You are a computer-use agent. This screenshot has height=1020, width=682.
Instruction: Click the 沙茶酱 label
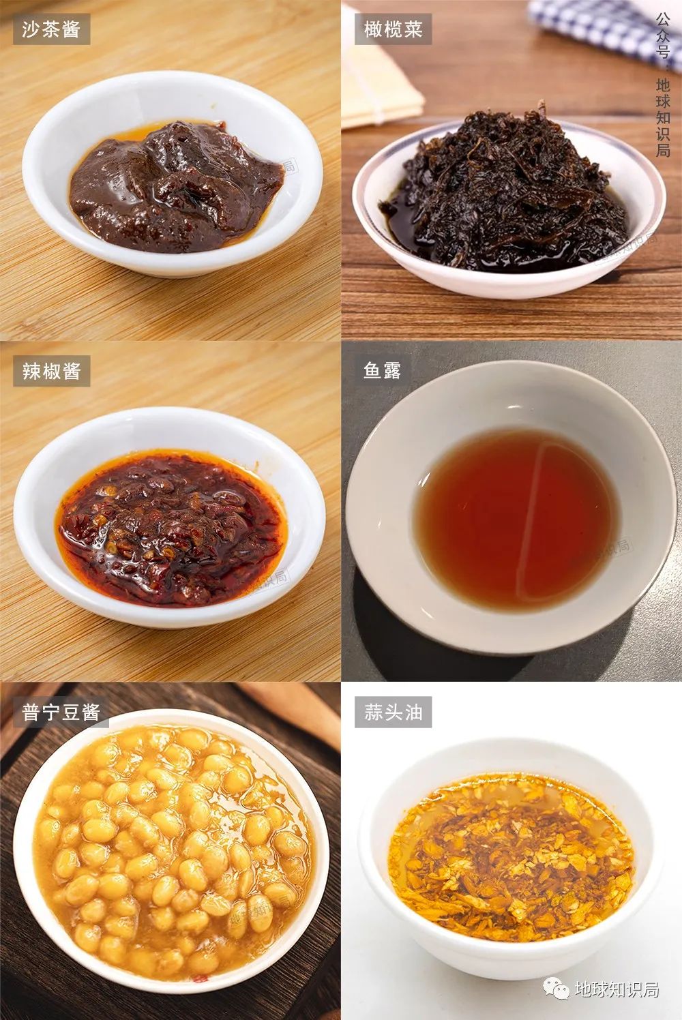click(51, 29)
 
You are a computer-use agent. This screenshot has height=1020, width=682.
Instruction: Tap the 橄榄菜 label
click(393, 29)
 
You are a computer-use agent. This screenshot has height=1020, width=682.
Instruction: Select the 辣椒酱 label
click(51, 371)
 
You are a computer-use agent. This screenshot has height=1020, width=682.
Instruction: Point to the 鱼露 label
click(382, 371)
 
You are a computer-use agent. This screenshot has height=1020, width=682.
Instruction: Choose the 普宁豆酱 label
click(61, 712)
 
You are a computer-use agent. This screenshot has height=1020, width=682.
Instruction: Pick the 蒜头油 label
click(393, 712)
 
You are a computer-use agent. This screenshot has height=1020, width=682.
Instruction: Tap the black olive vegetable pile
click(505, 191)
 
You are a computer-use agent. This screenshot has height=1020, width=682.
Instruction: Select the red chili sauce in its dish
click(171, 529)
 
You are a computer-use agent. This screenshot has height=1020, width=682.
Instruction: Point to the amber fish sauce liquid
click(516, 519)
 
